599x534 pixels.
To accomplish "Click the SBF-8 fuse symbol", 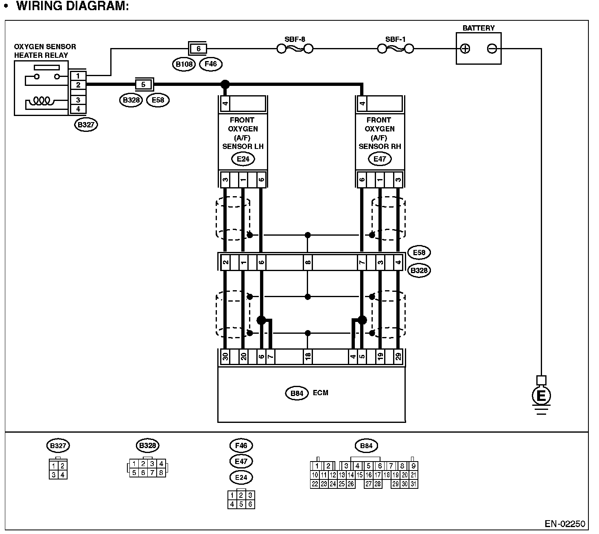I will pyautogui.click(x=295, y=49).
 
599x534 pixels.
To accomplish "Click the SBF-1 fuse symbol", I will pyautogui.click(x=396, y=49).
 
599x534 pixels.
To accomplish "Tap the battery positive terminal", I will pyautogui.click(x=465, y=49).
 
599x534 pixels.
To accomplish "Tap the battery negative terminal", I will pyautogui.click(x=492, y=49).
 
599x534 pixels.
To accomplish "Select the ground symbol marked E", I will pyautogui.click(x=541, y=395).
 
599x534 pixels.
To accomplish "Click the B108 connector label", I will pyautogui.click(x=184, y=64).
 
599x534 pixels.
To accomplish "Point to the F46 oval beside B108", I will pyautogui.click(x=211, y=64).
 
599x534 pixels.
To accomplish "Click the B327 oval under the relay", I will pyautogui.click(x=86, y=125).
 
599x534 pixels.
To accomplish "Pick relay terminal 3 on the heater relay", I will pyautogui.click(x=78, y=100).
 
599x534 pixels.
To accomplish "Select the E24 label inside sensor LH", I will pyautogui.click(x=243, y=159).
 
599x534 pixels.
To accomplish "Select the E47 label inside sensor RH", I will pyautogui.click(x=380, y=159).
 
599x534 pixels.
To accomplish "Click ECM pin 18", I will pyautogui.click(x=308, y=357).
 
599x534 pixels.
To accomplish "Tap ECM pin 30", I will pyautogui.click(x=225, y=357).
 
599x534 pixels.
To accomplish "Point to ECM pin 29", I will pyautogui.click(x=398, y=357).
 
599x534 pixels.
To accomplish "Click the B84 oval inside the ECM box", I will pyautogui.click(x=297, y=393).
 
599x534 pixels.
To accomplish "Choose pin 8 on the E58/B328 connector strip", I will pyautogui.click(x=308, y=263).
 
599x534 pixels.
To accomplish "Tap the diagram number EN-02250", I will pyautogui.click(x=565, y=523).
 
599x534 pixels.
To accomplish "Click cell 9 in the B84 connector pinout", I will pyautogui.click(x=413, y=466).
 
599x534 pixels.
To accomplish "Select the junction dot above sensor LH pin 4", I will pyautogui.click(x=225, y=85).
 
